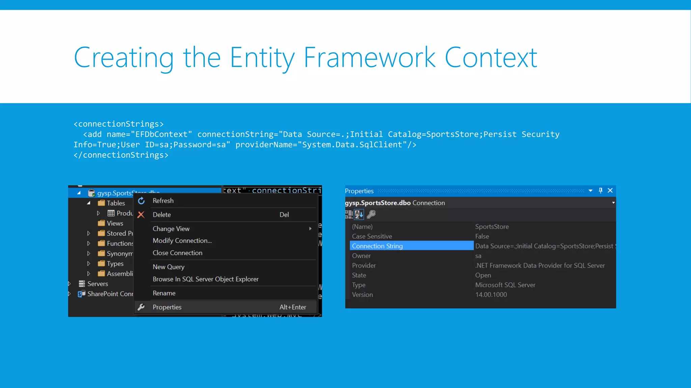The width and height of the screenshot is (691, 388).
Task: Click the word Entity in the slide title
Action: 262,58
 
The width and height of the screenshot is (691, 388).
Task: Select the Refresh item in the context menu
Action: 163,201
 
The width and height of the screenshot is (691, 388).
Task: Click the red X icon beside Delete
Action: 141,215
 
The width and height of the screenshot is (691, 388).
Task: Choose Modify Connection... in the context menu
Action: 182,241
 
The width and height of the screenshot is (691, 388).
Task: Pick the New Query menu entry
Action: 168,267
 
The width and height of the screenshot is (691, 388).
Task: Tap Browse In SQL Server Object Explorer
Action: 205,279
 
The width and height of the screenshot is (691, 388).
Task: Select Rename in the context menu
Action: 164,293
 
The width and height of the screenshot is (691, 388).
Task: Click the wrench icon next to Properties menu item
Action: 141,307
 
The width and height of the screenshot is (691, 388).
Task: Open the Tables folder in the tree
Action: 115,203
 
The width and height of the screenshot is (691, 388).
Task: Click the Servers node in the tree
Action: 98,284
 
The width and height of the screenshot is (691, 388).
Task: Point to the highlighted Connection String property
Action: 377,246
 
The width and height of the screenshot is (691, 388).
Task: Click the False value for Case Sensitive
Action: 482,236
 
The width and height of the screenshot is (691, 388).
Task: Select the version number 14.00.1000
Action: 491,295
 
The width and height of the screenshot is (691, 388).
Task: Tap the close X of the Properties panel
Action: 610,191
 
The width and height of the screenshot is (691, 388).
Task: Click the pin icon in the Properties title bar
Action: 601,191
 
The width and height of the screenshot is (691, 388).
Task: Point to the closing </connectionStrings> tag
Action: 121,155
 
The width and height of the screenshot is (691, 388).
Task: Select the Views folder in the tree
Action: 115,223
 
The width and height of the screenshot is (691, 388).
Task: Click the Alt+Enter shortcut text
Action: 293,307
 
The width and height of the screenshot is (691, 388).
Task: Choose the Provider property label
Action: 364,266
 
